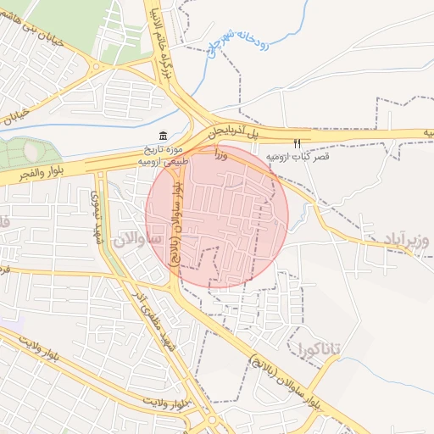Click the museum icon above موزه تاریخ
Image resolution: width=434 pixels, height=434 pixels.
point(162,136)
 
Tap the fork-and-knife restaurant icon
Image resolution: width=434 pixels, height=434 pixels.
point(297,144)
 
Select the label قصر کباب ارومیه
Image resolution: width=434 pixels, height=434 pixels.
point(298,158)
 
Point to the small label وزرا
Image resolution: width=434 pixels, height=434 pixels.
point(221,154)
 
